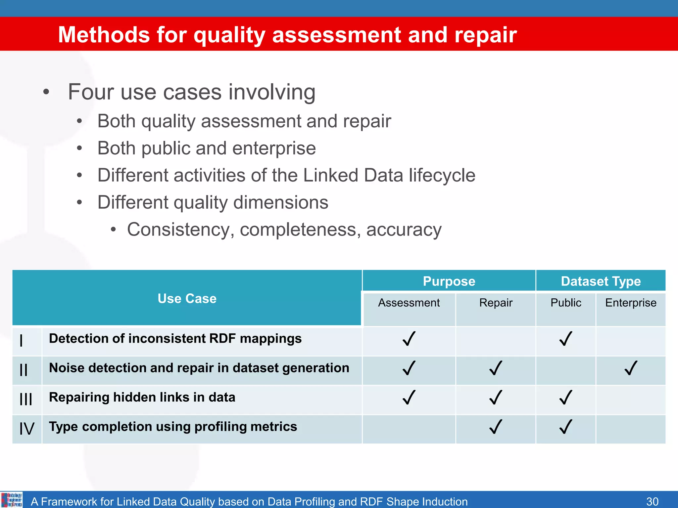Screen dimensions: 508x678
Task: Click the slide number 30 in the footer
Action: [652, 501]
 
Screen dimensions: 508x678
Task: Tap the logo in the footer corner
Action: [12, 500]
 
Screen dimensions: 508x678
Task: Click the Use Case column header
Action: [187, 298]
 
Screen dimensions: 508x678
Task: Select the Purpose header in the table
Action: [449, 281]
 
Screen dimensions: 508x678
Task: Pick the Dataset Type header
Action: [601, 281]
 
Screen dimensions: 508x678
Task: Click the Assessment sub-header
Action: [409, 303]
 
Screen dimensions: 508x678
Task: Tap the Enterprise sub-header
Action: [631, 303]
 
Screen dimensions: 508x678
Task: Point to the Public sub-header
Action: [566, 303]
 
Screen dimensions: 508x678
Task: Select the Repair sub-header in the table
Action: [496, 303]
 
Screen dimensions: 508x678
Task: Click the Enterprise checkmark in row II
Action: [631, 368]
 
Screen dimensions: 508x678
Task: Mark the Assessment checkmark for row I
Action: [409, 339]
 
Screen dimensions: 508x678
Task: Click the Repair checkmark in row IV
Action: [496, 427]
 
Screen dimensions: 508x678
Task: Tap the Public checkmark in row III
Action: [566, 397]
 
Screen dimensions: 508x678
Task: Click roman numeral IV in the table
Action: [27, 429]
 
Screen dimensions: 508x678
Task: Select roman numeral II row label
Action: [24, 370]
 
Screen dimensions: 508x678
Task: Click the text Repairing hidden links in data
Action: [142, 397]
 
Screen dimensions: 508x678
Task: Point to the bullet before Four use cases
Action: [46, 92]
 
